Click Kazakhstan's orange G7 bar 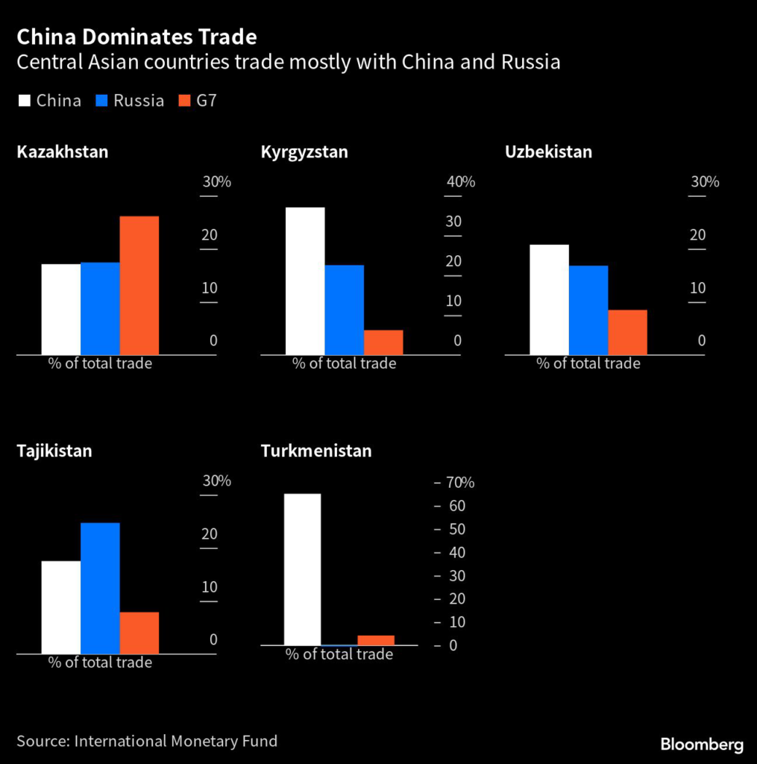coord(139,285)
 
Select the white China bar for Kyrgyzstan coord(305,281)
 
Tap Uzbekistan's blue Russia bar coord(588,310)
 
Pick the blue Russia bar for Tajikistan coord(100,588)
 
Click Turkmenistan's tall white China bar coord(302,569)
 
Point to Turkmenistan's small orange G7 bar coord(376,640)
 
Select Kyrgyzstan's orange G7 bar coord(383,342)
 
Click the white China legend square coord(24,101)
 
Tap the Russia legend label coord(139,101)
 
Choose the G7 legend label coord(207,101)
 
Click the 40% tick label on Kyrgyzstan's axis coord(461,182)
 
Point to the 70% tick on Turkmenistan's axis coord(460,483)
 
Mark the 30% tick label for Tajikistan coord(217,481)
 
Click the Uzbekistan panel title coord(548,152)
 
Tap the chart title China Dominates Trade coord(136,37)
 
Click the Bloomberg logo coord(702,744)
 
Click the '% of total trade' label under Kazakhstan coord(100,363)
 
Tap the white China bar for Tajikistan coord(61,607)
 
